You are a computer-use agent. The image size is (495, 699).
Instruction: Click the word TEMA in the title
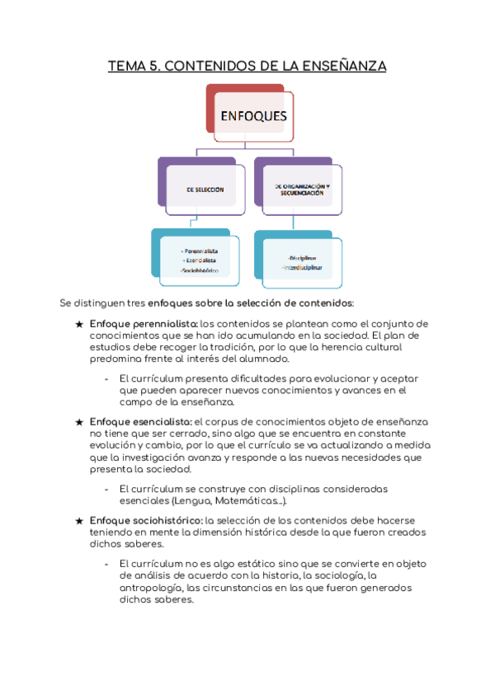pyautogui.click(x=126, y=66)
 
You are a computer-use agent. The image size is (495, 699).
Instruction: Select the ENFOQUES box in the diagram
pyautogui.click(x=253, y=116)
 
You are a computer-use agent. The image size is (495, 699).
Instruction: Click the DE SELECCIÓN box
pyautogui.click(x=205, y=190)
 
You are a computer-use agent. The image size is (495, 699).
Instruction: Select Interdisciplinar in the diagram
pyautogui.click(x=301, y=269)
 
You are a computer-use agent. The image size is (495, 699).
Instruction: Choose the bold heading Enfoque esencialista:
pyautogui.click(x=140, y=421)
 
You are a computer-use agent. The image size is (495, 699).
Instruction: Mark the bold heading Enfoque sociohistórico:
pyautogui.click(x=146, y=520)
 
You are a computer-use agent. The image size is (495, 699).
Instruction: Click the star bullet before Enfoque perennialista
pyautogui.click(x=79, y=323)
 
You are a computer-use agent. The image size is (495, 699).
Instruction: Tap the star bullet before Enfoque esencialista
pyautogui.click(x=79, y=421)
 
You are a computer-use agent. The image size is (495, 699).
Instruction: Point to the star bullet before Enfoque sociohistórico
pyautogui.click(x=79, y=520)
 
